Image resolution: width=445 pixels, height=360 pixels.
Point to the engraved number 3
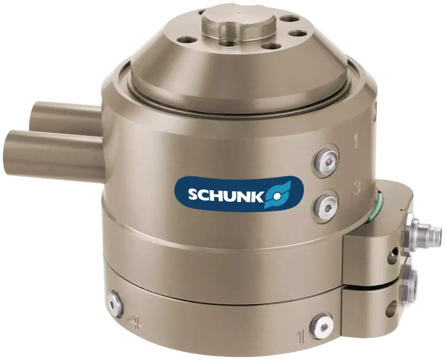357,188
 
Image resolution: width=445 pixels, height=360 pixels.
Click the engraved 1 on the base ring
299,335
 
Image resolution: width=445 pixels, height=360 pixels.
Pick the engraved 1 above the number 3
356,142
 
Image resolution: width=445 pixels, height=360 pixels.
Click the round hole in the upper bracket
394,251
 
